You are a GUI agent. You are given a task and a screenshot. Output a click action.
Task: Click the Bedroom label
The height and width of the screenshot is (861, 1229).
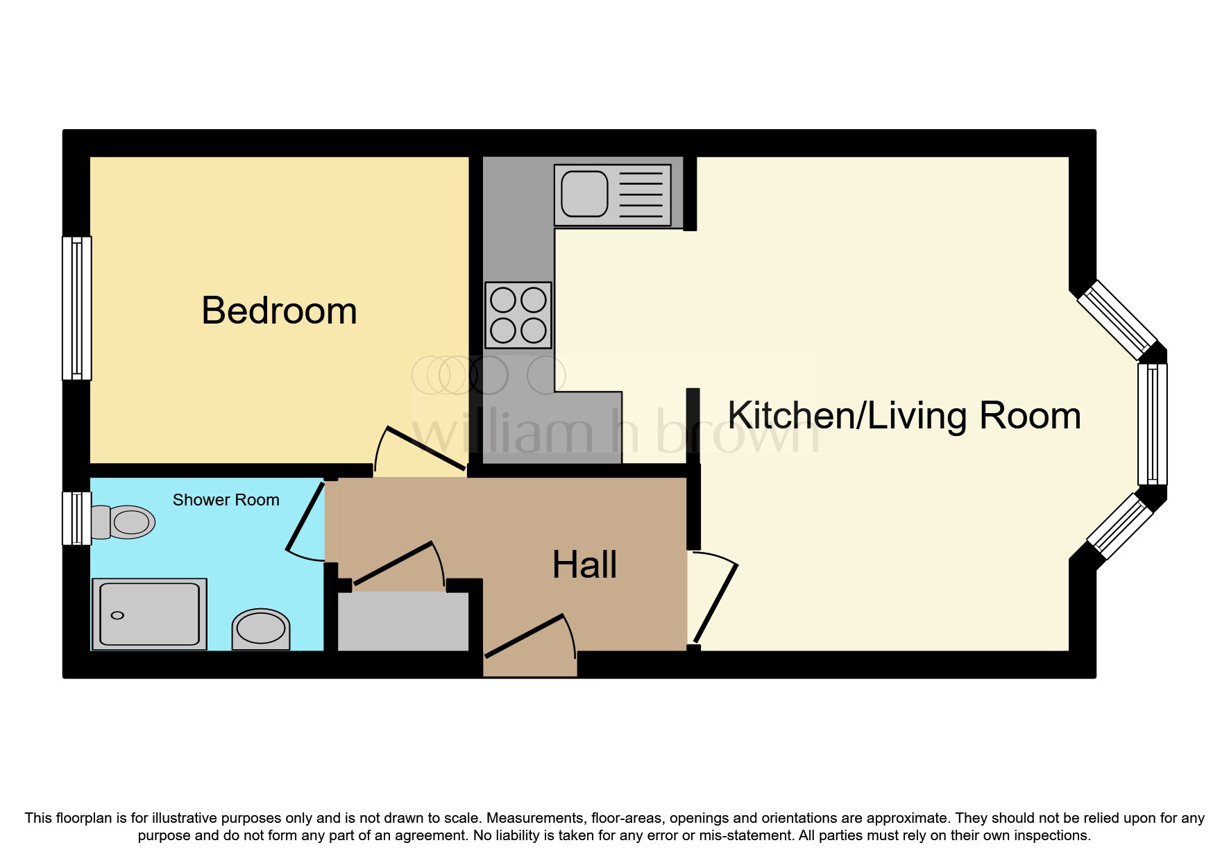[x=279, y=310]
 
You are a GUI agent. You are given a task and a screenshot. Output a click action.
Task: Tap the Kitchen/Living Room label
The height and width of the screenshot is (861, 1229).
[x=904, y=416]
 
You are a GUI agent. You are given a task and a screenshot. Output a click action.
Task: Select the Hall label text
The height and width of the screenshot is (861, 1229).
[x=584, y=565]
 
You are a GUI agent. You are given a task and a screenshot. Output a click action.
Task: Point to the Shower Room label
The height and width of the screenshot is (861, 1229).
[x=226, y=500]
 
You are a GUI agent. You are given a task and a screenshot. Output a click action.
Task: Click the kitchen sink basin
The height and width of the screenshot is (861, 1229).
[x=584, y=194]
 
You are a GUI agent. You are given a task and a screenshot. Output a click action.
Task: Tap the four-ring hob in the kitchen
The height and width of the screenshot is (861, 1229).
[x=518, y=315]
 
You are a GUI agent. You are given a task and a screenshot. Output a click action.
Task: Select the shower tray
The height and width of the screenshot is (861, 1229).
[x=149, y=614]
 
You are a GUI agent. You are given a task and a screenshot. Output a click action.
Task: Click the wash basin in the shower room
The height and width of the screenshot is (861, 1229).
[x=260, y=629]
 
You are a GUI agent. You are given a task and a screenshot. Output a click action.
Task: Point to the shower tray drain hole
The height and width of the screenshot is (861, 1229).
[x=117, y=616]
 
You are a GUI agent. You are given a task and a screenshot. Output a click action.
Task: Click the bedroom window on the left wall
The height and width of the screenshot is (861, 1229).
[x=77, y=308]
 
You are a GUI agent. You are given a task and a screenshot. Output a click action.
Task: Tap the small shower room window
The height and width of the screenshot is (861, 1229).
[x=76, y=518]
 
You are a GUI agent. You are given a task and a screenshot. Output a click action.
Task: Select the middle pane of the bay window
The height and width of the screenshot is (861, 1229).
[x=1152, y=424]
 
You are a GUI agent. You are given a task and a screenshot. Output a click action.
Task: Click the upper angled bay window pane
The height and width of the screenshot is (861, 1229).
[x=1117, y=320]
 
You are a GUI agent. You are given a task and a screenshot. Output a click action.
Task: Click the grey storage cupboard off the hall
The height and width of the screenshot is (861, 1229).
[x=402, y=621]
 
